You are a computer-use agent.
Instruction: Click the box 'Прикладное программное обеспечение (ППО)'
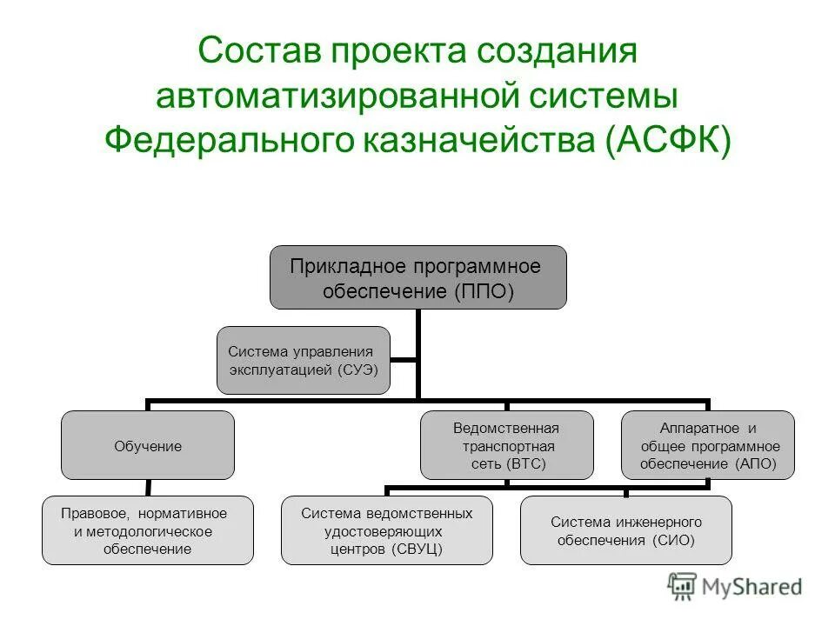[x=417, y=276]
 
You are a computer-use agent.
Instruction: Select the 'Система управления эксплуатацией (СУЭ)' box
[x=303, y=360]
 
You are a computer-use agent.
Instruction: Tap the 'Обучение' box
[x=148, y=445]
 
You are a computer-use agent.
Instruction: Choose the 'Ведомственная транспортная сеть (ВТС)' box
[x=506, y=445]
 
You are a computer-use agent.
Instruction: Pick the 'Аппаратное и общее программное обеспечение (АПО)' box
[x=707, y=445]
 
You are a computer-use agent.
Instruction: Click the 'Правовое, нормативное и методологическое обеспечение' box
[x=148, y=529]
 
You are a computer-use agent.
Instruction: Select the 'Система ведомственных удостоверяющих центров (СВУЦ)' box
[x=386, y=529]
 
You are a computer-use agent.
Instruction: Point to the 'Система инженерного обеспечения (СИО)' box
[x=626, y=529]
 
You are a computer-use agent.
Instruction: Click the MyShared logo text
[x=753, y=587]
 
